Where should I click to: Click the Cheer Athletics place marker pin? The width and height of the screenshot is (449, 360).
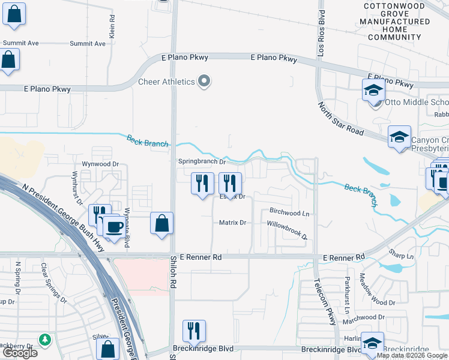pos(205,82)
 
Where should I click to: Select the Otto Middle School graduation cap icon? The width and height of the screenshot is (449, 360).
pos(373,92)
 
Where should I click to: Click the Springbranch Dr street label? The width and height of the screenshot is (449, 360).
pos(202,161)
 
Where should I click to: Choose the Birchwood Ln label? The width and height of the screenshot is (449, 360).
pos(289,212)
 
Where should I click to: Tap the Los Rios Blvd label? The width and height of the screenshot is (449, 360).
pos(322,28)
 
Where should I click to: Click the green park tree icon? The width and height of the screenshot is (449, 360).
pos(44,341)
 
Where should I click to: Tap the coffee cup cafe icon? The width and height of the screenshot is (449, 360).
pos(114,227)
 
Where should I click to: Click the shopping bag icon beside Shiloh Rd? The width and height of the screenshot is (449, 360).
pos(162,223)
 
